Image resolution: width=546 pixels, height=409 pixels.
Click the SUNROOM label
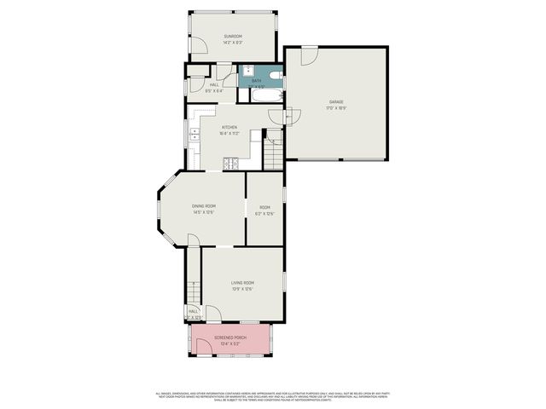[x=233, y=36]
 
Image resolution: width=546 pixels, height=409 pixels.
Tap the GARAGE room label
[x=336, y=102]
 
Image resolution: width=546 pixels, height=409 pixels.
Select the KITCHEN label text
[x=229, y=127]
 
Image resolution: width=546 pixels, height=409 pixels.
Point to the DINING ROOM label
[x=203, y=206]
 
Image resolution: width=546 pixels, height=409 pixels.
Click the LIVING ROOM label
[x=242, y=283]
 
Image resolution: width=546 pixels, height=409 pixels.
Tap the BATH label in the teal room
[x=257, y=80]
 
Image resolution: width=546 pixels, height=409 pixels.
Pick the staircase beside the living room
[x=194, y=294]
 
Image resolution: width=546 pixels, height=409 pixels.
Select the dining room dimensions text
[x=203, y=213]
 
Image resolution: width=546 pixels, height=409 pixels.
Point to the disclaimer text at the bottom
[x=273, y=397]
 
